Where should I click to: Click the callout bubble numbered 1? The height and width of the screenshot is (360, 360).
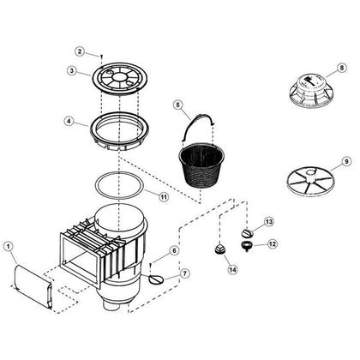tap(9, 247)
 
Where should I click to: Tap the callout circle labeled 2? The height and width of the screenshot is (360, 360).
tap(80, 51)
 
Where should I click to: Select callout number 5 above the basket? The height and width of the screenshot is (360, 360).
tap(178, 105)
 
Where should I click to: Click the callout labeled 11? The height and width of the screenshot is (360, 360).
tap(164, 197)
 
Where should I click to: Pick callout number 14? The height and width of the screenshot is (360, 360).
tap(233, 269)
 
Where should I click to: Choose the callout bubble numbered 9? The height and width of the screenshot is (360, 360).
tap(346, 161)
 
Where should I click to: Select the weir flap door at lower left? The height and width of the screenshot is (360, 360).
tap(33, 285)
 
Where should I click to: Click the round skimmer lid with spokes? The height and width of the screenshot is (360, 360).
tap(119, 78)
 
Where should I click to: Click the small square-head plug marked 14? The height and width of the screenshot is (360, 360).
tap(219, 249)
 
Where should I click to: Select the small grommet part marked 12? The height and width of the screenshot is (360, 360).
tap(246, 246)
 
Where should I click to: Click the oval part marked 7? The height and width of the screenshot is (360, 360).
tap(156, 279)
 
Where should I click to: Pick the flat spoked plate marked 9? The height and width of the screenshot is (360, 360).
tap(309, 181)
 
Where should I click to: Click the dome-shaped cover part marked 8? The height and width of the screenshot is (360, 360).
tap(310, 92)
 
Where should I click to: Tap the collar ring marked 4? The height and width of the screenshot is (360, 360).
tap(119, 131)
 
